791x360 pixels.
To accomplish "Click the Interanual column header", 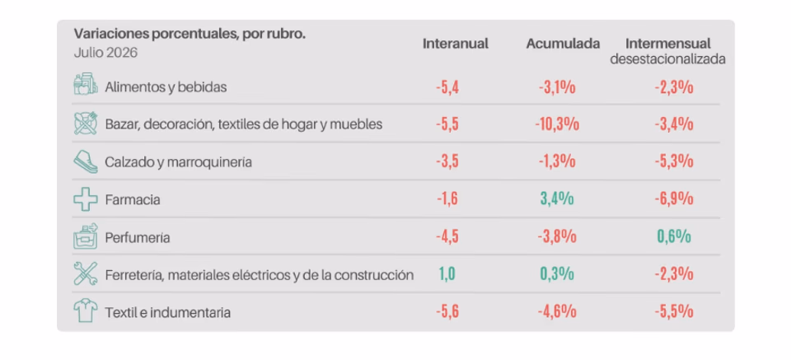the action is [x=456, y=44].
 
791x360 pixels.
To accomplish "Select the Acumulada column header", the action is [x=563, y=44].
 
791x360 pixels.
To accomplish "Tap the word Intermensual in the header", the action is [x=668, y=44].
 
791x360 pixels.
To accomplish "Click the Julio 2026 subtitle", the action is [x=105, y=53].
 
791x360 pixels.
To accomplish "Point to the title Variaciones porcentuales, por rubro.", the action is [x=190, y=34].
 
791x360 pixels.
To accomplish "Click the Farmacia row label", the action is [x=133, y=200].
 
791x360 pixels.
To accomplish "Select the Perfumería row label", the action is [x=138, y=238].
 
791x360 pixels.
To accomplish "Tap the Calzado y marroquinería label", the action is [x=178, y=163].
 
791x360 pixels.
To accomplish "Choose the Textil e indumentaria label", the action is [x=167, y=313].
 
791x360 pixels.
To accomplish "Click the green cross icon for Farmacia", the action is [x=86, y=199].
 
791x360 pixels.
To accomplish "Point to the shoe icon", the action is [x=86, y=161].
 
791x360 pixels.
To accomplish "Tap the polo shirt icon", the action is [x=86, y=311].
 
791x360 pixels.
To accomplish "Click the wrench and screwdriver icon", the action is [x=86, y=274].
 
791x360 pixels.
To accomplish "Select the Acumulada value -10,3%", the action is [x=557, y=124].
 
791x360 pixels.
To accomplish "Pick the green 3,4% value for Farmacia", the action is [x=557, y=199].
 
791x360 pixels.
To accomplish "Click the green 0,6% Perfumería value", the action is [x=674, y=236].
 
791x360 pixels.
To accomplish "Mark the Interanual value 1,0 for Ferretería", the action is [x=447, y=274].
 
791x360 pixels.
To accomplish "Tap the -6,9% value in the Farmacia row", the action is [x=674, y=199].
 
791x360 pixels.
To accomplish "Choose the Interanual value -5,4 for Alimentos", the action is [x=447, y=87].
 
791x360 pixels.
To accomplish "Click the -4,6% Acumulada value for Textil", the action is [x=557, y=312].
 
